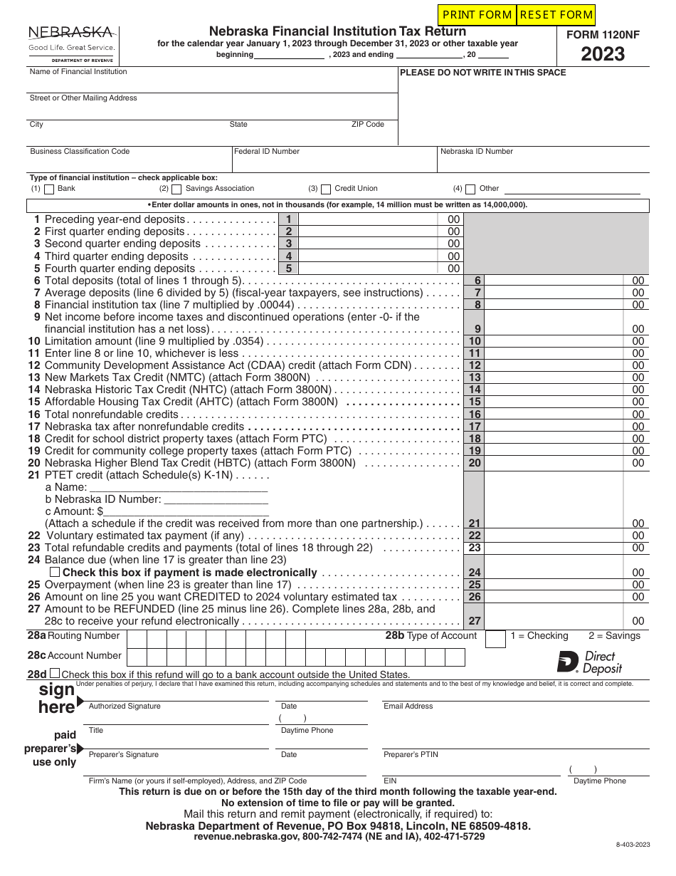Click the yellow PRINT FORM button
[x=477, y=15]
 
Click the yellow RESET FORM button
[x=556, y=15]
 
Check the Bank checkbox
[x=49, y=189]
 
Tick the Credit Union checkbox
[x=326, y=189]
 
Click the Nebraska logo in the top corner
[x=71, y=43]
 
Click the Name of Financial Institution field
[x=213, y=81]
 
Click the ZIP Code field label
[x=368, y=125]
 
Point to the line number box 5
[x=288, y=268]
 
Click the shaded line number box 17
[x=475, y=427]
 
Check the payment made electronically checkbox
[x=54, y=572]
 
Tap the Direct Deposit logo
[x=589, y=662]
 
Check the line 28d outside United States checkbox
[x=55, y=673]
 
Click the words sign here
[x=57, y=698]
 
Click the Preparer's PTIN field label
[x=411, y=754]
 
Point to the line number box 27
[x=475, y=621]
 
